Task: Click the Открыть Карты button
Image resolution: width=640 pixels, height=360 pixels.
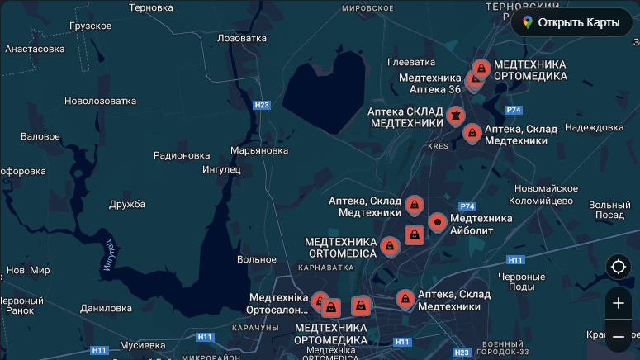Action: pos(571,22)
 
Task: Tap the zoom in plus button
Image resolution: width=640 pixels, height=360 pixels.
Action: pos(618,303)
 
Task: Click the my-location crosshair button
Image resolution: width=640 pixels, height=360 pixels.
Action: pos(618,267)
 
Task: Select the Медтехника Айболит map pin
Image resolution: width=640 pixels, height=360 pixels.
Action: pos(438,222)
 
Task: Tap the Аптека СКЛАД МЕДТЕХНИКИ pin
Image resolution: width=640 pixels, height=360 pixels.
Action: pos(455,116)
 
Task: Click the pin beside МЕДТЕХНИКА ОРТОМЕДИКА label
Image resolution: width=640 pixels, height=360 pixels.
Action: pos(481,68)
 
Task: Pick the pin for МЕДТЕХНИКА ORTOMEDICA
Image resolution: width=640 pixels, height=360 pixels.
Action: pos(389,245)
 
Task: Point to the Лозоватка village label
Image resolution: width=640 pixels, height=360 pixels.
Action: pos(241,38)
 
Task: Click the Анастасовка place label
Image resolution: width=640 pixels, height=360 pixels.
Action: pos(35,49)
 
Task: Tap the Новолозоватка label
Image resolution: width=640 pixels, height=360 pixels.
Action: pos(100,101)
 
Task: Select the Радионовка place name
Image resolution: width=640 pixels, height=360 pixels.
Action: pos(182,154)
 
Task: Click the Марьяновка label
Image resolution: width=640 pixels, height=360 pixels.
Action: pos(259,150)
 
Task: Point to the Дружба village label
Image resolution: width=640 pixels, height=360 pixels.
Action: pos(127,204)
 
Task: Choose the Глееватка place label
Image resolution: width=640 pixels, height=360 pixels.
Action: pos(411,62)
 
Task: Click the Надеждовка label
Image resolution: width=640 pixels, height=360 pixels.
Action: pos(595,127)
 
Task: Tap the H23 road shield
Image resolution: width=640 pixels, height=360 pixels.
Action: pos(262,105)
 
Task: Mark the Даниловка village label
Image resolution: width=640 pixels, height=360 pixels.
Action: pos(107,308)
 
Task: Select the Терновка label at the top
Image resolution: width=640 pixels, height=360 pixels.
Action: pos(150,7)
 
